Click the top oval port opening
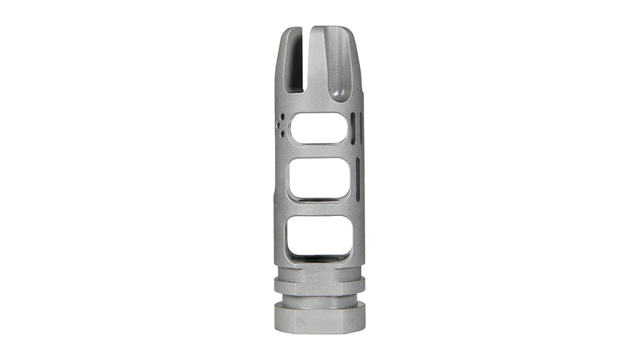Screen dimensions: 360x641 (319, 128)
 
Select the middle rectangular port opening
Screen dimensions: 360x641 (319, 178)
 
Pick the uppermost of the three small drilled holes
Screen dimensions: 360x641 (283, 116)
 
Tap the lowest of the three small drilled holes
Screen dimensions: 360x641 (283, 134)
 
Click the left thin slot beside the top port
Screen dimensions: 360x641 (352, 129)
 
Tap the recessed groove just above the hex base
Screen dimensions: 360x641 (319, 298)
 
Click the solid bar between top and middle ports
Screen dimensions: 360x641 (319, 151)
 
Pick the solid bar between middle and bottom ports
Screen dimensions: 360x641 (319, 208)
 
